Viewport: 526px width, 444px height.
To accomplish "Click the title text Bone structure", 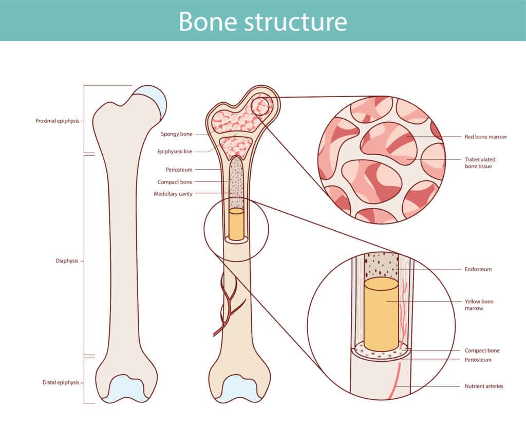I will point(262,21).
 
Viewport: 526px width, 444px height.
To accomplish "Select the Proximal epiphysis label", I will point(57,121).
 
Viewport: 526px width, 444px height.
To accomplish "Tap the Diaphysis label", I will point(67,261).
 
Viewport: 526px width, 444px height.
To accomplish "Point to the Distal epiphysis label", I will point(61,382).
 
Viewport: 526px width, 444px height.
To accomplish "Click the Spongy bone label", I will point(176,134).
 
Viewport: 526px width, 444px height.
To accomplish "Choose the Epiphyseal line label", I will point(175,152).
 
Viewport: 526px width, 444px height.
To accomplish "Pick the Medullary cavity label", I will point(173,194).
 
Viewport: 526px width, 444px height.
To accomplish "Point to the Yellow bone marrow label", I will point(479,305).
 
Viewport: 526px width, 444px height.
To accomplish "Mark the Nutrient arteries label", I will point(484,386).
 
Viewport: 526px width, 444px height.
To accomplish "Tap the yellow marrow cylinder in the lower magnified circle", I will point(381,313).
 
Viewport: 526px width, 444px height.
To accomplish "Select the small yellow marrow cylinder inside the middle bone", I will point(236,224).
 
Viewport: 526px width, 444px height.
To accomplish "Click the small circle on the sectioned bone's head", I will point(262,105).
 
